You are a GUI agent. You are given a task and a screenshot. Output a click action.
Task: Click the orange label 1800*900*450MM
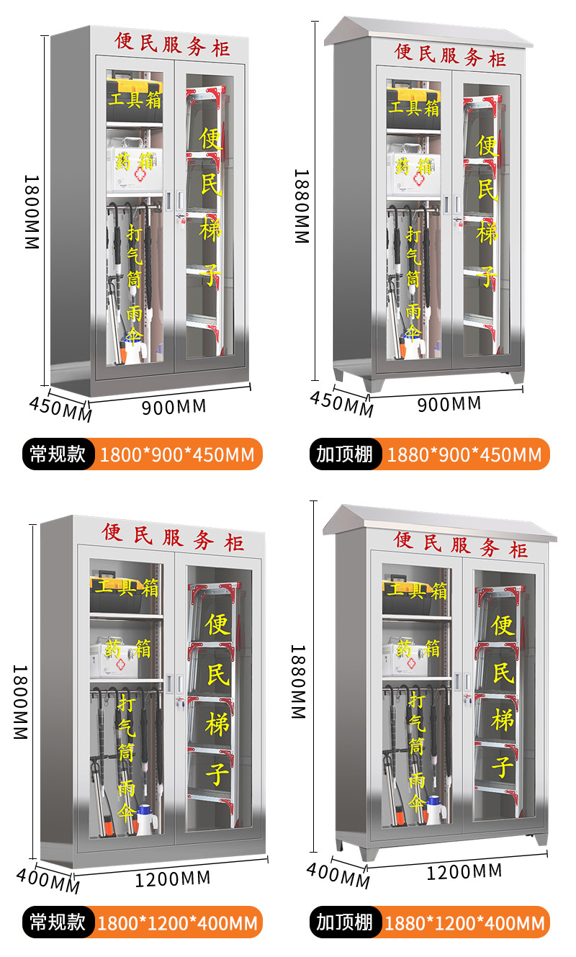tap(177, 454)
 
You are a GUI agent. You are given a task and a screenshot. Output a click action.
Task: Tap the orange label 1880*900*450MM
tap(464, 454)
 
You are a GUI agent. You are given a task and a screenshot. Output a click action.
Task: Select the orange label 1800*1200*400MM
tap(177, 922)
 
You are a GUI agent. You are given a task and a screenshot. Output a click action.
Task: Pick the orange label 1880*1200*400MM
tap(464, 922)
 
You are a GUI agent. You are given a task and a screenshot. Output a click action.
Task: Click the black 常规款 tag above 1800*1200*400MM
tap(58, 922)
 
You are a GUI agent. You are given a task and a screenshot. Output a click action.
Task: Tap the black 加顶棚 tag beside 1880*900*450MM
tap(345, 454)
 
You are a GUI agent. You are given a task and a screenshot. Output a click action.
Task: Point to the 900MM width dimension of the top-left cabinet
tap(174, 407)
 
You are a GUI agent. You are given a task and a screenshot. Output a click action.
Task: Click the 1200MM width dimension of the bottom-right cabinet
tap(464, 872)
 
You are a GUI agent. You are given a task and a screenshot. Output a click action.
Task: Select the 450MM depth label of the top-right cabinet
tap(342, 403)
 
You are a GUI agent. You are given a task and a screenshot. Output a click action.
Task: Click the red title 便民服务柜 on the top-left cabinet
tap(174, 42)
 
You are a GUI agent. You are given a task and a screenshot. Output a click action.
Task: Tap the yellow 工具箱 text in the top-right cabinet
tap(414, 107)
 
